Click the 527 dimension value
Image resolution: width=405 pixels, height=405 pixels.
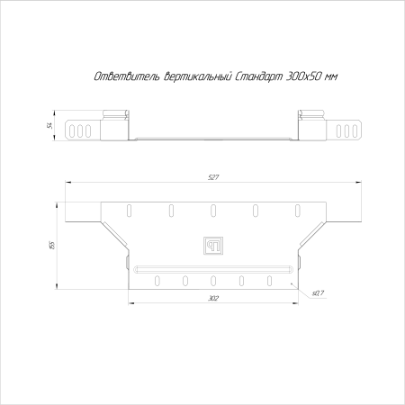point(213,177)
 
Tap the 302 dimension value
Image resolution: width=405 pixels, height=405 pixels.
point(213,297)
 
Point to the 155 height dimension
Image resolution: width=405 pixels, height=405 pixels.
point(53,244)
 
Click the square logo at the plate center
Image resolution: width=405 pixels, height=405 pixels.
point(212,244)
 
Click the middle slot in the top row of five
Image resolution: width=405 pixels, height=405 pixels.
point(212,210)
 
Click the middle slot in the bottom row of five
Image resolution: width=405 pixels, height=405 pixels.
point(213,278)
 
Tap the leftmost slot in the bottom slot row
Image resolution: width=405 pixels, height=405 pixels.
point(154,278)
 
